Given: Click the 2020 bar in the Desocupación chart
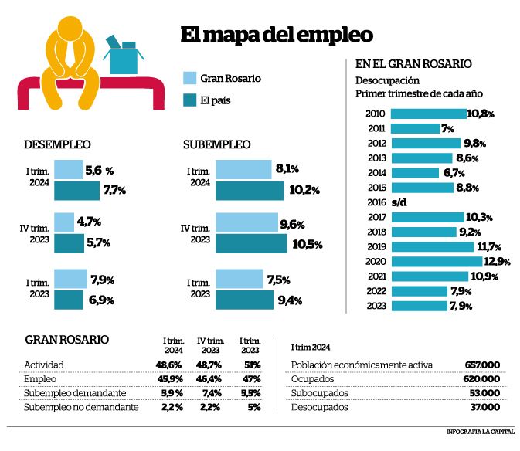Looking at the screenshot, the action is click(x=437, y=262).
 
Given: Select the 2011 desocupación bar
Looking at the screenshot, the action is click(x=415, y=128).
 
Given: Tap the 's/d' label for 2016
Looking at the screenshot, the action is click(x=399, y=202).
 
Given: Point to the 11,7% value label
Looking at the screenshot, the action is click(x=489, y=247).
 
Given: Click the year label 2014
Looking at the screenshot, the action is click(x=377, y=173).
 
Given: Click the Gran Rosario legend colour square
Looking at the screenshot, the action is click(x=190, y=78).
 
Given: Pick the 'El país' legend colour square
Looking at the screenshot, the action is click(x=190, y=100).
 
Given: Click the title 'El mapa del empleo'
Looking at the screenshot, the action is click(x=277, y=35).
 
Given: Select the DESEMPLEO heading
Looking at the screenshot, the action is click(x=57, y=144).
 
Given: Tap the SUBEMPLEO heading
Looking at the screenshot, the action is click(x=216, y=144).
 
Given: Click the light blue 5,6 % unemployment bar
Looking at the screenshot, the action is click(x=69, y=170).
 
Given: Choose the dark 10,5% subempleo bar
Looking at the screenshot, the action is click(x=251, y=243).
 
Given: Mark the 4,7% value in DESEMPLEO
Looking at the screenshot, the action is click(x=89, y=222).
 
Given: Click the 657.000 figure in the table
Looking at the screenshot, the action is click(x=482, y=365).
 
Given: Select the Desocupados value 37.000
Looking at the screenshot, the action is click(x=485, y=407).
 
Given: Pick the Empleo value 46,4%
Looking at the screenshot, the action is click(x=209, y=379).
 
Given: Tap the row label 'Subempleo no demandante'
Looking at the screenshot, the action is click(x=81, y=407).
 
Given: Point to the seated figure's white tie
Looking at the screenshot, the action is click(x=70, y=53).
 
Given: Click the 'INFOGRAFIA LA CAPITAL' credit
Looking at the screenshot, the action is click(x=480, y=432).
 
